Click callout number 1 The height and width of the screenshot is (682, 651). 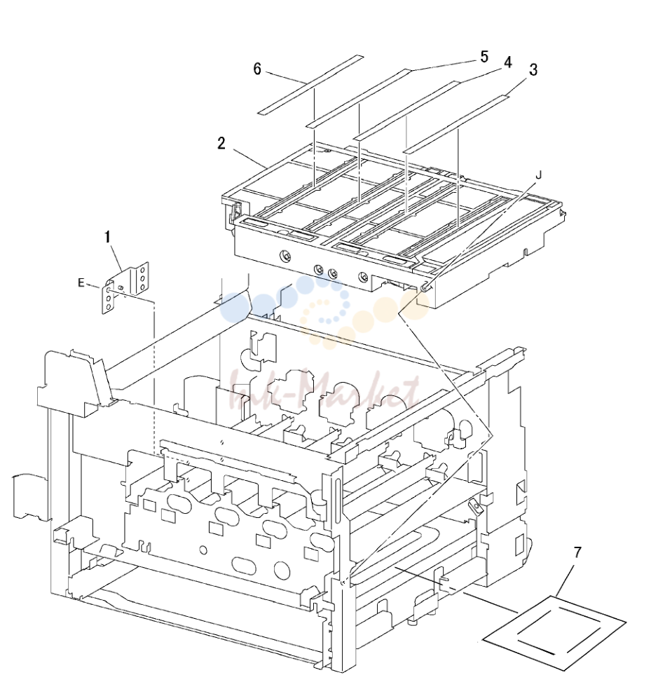(107, 238)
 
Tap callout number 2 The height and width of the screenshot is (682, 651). (221, 143)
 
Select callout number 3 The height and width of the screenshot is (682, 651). (533, 69)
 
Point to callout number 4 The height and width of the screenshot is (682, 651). (507, 62)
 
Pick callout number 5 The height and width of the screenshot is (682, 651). (484, 57)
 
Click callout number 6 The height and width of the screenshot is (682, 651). (257, 69)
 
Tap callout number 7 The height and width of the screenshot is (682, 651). (577, 552)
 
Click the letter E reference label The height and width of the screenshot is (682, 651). (81, 282)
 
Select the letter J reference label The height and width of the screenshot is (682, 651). (538, 175)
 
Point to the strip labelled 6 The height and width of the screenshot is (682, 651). (310, 86)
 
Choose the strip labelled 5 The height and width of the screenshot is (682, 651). (359, 98)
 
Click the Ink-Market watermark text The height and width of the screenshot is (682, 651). (326, 391)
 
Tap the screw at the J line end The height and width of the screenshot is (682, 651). (425, 286)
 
